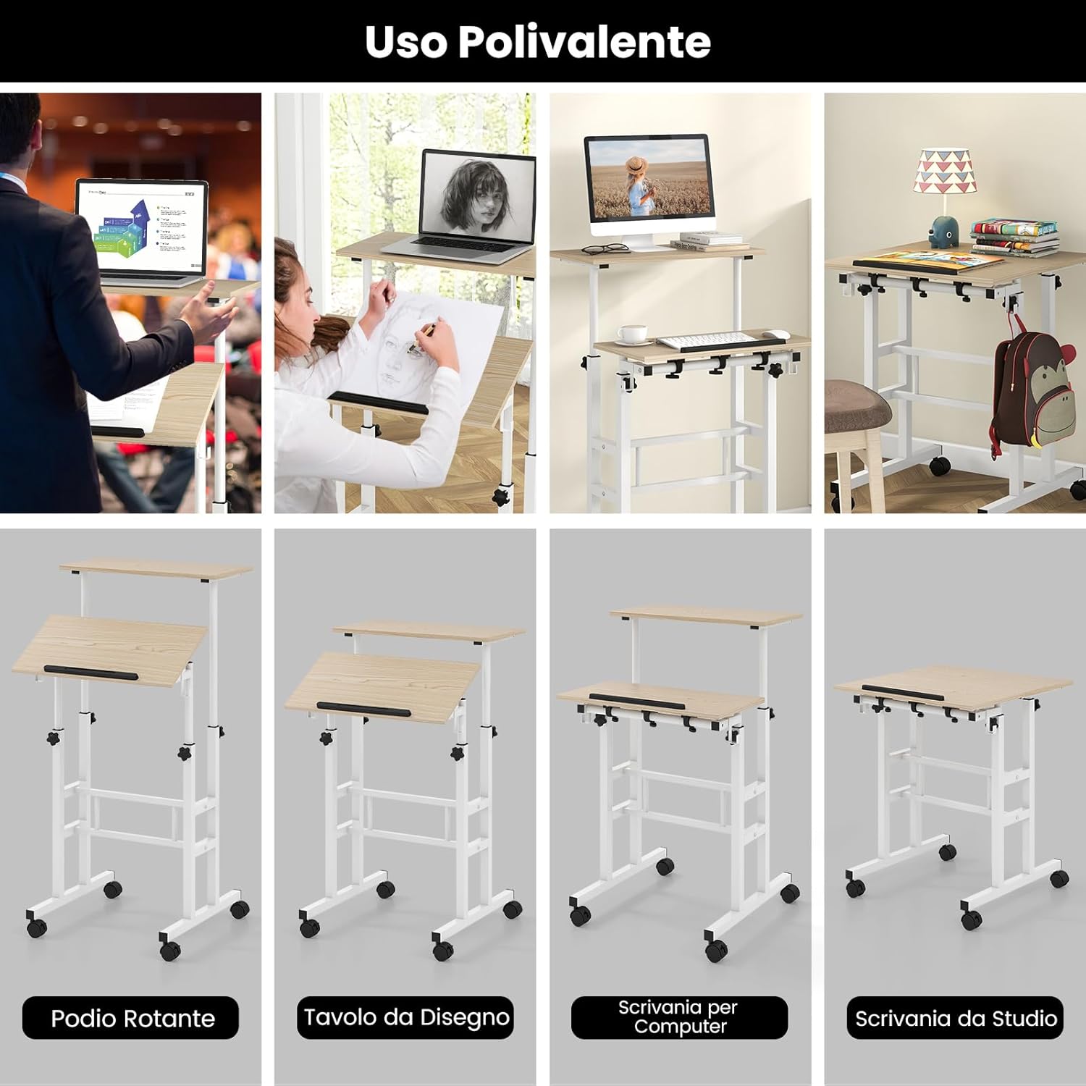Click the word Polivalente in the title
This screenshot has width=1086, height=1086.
(584, 42)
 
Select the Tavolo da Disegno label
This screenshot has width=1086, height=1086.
(405, 1017)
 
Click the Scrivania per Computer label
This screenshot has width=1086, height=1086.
(679, 1017)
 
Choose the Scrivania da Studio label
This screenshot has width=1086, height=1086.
(955, 1018)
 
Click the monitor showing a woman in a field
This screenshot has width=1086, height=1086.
(647, 177)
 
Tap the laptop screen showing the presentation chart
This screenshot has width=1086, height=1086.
(141, 227)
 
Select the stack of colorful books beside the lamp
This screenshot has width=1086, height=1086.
(1014, 237)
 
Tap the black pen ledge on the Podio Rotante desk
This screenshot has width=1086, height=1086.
(90, 673)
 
